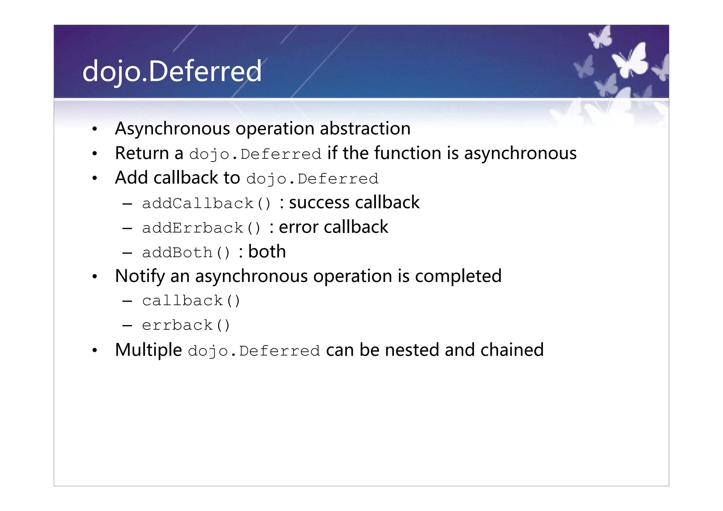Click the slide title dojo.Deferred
pos(172,71)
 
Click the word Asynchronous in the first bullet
pos(172,129)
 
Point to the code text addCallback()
pos(207,204)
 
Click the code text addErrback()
pos(201,228)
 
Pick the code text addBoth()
pos(186,253)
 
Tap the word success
pos(319,203)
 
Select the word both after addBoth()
pos(267,252)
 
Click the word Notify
pos(140,276)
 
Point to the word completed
pos(458,276)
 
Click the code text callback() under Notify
pos(191,301)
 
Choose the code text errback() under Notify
pos(186,325)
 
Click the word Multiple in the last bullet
pos(148,350)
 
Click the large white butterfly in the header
pos(631,60)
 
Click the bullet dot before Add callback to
pos(94,179)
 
